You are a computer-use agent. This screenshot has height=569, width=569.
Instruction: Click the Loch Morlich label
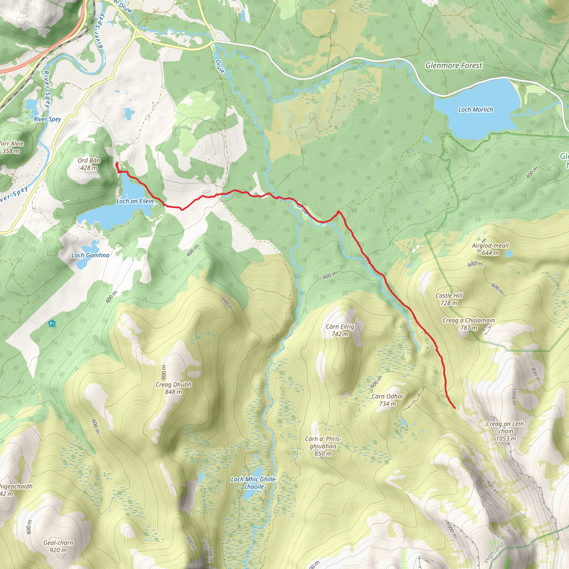click(x=475, y=109)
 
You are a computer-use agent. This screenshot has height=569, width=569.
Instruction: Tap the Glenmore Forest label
click(x=453, y=65)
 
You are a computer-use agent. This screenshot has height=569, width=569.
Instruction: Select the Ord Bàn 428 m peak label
click(x=89, y=164)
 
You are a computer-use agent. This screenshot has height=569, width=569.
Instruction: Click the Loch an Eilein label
click(x=135, y=201)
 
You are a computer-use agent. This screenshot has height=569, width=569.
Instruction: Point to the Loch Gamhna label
click(x=90, y=255)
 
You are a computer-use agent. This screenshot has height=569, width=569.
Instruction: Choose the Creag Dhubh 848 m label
click(x=173, y=388)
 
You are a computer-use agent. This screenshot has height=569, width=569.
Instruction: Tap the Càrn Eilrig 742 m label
click(x=340, y=330)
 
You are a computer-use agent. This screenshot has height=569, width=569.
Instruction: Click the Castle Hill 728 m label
click(x=449, y=299)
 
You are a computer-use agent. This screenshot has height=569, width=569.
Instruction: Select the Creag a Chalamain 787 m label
click(x=468, y=324)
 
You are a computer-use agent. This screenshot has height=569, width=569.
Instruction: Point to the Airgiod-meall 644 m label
click(x=490, y=249)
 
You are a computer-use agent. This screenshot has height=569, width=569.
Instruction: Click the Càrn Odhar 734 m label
click(x=387, y=400)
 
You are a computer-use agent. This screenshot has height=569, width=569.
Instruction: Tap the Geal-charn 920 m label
click(x=58, y=546)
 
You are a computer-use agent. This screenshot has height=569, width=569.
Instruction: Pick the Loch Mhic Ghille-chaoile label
click(x=254, y=483)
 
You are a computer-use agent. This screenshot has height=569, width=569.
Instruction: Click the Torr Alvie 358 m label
click(x=11, y=147)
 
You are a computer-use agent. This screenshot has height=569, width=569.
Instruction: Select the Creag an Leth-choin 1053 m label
click(x=506, y=431)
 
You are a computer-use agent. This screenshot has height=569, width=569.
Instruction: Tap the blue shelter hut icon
click(x=52, y=324)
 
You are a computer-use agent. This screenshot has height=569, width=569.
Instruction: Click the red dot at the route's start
click(x=117, y=164)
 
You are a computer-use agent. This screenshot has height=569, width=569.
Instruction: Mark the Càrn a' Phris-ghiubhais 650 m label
click(x=323, y=446)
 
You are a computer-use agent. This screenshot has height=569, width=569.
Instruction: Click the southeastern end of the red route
click(x=455, y=408)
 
